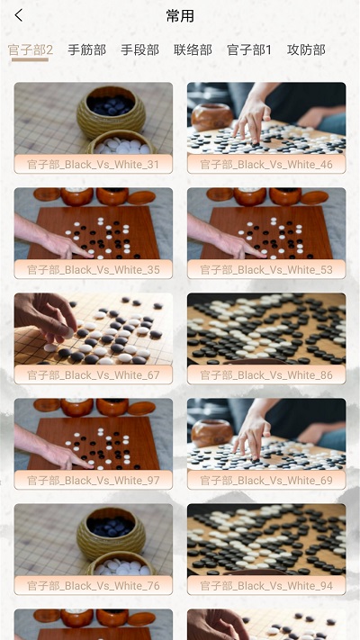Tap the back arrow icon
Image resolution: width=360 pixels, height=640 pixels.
[19, 15]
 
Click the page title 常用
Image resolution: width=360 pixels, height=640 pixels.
[180, 16]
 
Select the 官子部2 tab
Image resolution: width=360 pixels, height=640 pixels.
[31, 50]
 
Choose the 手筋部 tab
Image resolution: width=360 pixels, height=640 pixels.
[86, 50]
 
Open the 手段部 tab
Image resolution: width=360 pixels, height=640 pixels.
[139, 50]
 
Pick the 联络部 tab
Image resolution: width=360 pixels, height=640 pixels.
[193, 50]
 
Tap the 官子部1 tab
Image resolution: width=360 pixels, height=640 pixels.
[249, 50]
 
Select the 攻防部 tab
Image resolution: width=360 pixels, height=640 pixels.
[306, 50]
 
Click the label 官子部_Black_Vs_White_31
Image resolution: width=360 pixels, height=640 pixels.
[94, 165]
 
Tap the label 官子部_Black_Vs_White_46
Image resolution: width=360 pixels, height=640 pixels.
[266, 165]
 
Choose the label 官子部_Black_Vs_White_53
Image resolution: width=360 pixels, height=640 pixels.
[266, 270]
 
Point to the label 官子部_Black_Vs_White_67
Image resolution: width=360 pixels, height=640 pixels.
[94, 375]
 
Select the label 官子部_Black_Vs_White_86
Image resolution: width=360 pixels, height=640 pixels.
[266, 375]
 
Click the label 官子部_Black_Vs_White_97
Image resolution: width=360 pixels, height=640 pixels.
[94, 481]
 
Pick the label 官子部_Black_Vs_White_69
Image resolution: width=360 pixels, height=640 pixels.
[266, 481]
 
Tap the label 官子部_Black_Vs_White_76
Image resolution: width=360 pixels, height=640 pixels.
[94, 586]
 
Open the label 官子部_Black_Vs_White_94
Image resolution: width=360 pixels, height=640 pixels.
[266, 586]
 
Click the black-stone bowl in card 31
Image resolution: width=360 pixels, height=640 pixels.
[111, 109]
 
